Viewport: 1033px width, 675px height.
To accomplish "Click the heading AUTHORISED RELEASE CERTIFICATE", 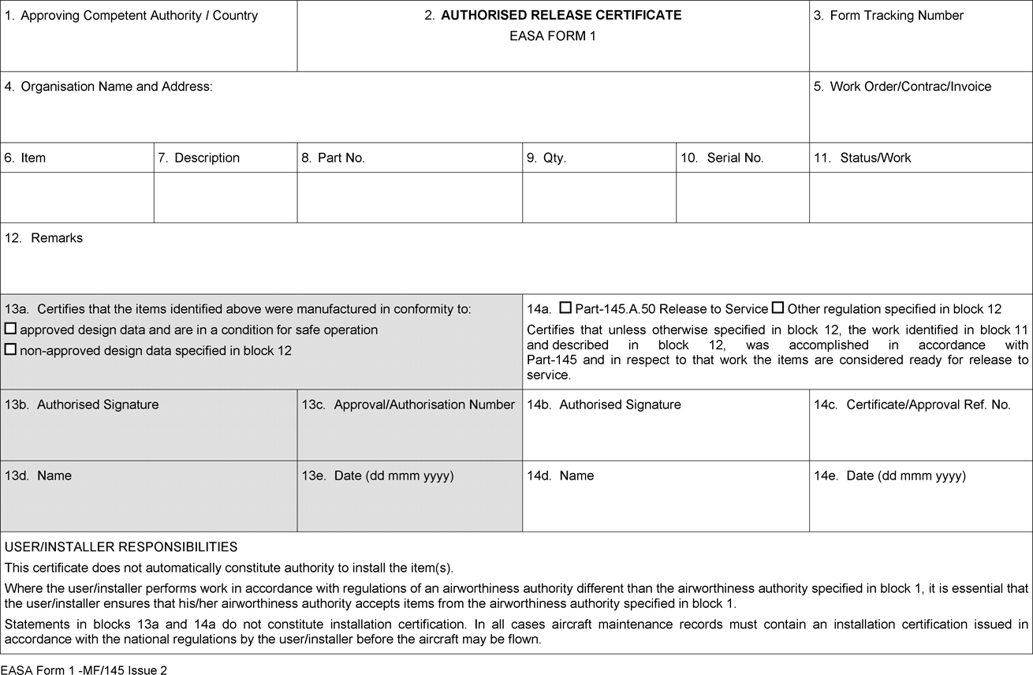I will [561, 15].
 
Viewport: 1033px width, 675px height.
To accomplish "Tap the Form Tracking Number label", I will [896, 15].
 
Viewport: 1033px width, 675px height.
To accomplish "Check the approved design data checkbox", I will [10, 329].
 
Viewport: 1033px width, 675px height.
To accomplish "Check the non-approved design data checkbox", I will [10, 349].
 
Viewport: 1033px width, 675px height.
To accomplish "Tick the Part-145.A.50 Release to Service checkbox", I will [565, 308].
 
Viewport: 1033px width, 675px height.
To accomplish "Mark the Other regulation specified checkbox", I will [778, 308].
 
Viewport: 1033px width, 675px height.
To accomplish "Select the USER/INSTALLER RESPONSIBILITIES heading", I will [121, 546].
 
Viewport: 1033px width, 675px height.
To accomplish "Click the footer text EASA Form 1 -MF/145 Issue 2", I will [84, 669].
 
